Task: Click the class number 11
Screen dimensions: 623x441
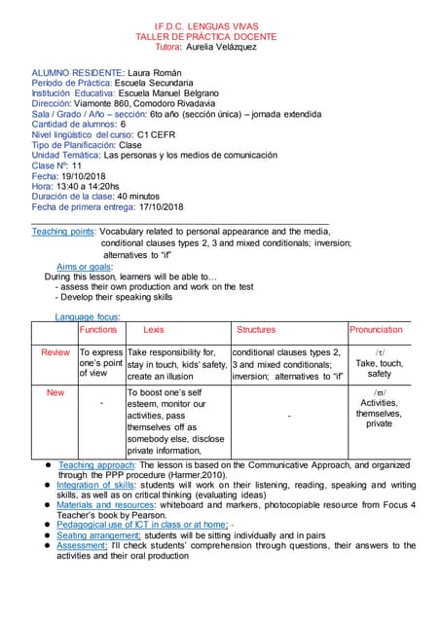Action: pyautogui.click(x=76, y=165)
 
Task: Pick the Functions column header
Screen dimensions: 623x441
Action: pyautogui.click(x=98, y=330)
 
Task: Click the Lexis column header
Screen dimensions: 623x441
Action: pyautogui.click(x=154, y=330)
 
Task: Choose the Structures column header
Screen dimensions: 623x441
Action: pyautogui.click(x=256, y=330)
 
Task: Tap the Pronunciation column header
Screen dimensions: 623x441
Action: pyautogui.click(x=377, y=330)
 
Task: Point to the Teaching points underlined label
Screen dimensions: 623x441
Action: pyautogui.click(x=63, y=232)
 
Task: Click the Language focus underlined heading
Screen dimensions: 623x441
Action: pyautogui.click(x=89, y=316)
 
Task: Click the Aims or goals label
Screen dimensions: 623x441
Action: pyautogui.click(x=85, y=266)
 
